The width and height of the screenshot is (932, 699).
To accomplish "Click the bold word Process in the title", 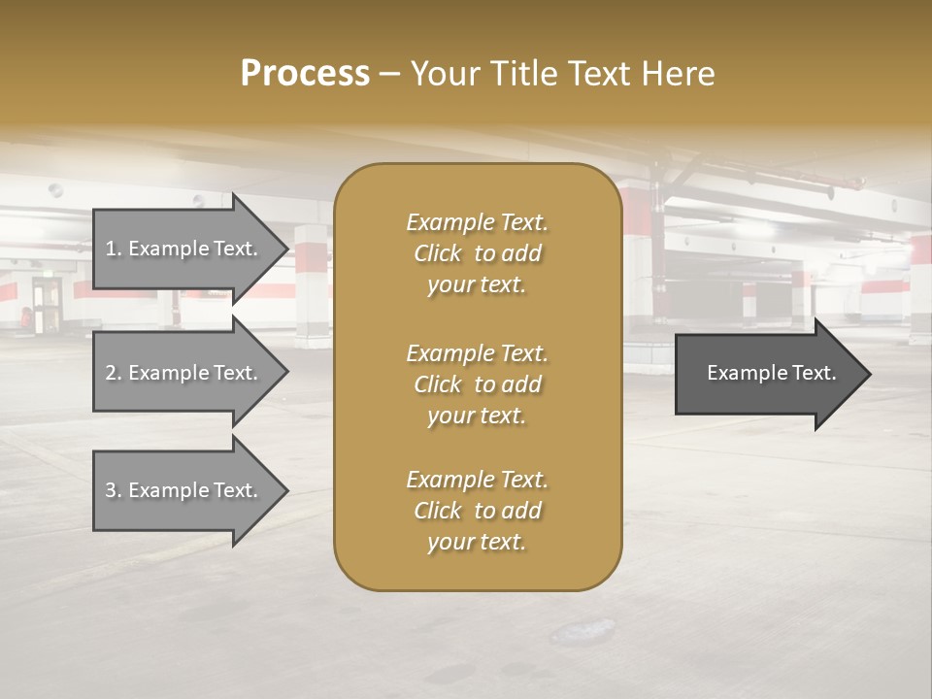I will (x=305, y=74).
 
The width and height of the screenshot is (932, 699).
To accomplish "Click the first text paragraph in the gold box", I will (x=477, y=253).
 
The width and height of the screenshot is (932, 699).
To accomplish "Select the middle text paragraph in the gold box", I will (x=477, y=384).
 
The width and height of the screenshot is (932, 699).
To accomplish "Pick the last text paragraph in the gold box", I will (x=477, y=511).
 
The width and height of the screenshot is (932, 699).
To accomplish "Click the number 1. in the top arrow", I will (x=114, y=249).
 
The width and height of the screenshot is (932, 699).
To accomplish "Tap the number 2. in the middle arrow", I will (x=114, y=373).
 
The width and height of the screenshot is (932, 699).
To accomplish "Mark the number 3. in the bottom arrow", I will (x=114, y=490).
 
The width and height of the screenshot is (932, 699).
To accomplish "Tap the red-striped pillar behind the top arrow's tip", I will (x=312, y=282).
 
